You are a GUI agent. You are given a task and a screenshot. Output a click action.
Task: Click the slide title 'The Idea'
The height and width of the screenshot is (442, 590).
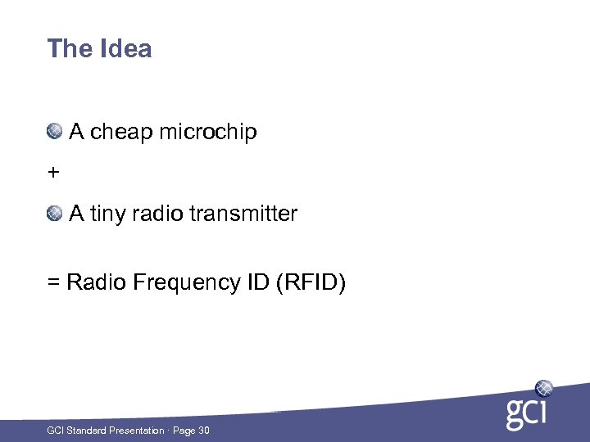click(x=99, y=49)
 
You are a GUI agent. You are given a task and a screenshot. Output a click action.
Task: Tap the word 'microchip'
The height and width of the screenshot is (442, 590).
click(x=208, y=132)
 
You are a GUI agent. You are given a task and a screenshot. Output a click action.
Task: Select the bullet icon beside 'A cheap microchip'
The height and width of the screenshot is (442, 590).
click(x=55, y=131)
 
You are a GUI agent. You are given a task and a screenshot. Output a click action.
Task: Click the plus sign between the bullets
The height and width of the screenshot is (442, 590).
click(x=53, y=173)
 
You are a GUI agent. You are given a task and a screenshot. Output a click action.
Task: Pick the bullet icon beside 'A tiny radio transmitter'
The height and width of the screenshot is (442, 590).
click(x=55, y=214)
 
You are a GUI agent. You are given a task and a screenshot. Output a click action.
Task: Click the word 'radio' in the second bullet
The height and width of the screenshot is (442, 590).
click(x=157, y=214)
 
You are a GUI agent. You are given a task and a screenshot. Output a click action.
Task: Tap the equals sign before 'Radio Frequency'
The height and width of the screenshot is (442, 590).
click(x=53, y=283)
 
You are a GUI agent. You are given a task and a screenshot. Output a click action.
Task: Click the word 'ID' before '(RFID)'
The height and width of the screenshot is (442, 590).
click(x=255, y=283)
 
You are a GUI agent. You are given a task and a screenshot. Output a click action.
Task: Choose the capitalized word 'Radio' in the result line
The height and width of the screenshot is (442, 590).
click(x=93, y=283)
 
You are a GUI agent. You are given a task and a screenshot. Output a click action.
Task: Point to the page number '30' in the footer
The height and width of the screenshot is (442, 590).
click(x=203, y=431)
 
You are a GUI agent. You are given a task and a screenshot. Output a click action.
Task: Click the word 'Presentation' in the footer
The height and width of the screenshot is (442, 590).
click(x=135, y=431)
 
